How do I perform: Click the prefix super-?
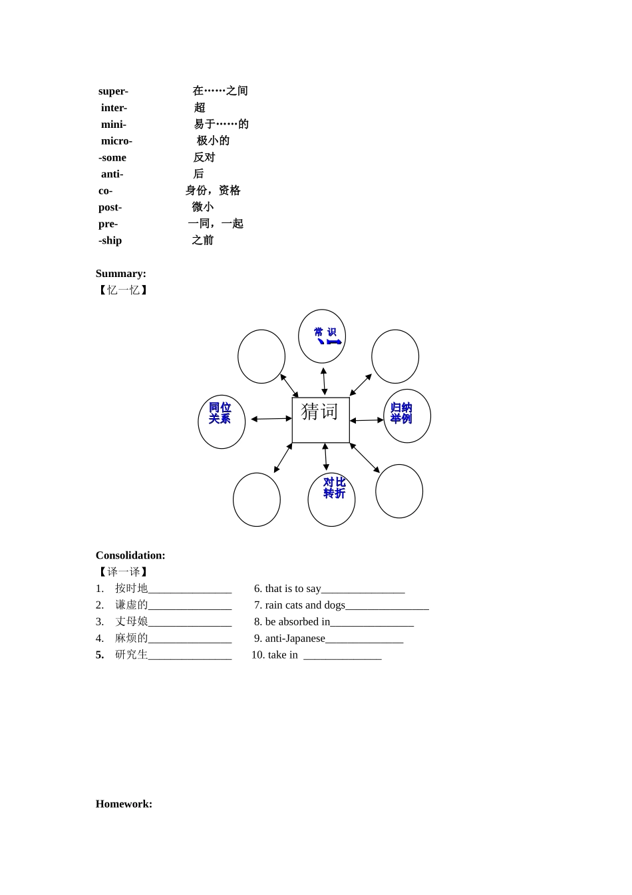pos(113,91)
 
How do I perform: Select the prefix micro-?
pos(116,141)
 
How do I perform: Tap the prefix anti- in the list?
pos(112,174)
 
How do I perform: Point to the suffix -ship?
pos(110,240)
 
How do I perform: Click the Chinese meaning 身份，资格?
pos(213,190)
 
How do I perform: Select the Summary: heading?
pos(120,274)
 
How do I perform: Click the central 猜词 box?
pos(321,420)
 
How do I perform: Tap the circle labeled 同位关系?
pos(222,422)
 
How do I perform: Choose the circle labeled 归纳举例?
pos(407,416)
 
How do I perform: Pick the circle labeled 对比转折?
pos(331,499)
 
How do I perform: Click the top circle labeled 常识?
pos(322,336)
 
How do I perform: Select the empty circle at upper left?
pos(261,356)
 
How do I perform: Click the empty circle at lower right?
pos(399,491)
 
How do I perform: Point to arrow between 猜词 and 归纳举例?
pos(367,420)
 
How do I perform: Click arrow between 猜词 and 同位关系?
pos(271,419)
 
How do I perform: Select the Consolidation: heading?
pos(130,555)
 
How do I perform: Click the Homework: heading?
pos(124,804)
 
